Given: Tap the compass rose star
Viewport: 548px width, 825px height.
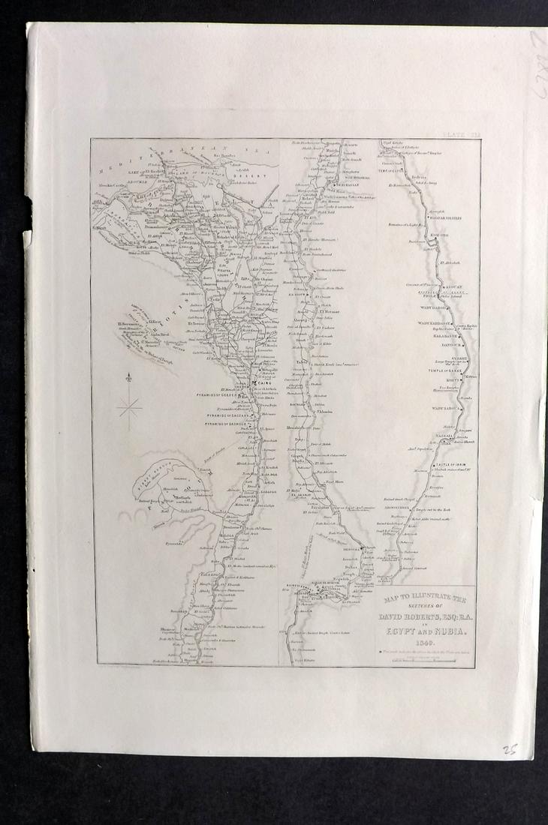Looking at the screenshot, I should pos(129,408).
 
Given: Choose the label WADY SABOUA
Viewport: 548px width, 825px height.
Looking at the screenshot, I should pos(446,409).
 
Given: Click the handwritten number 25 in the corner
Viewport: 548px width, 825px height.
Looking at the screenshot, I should pos(510,748).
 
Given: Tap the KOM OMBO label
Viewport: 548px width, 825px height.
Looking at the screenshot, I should pos(441,235).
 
